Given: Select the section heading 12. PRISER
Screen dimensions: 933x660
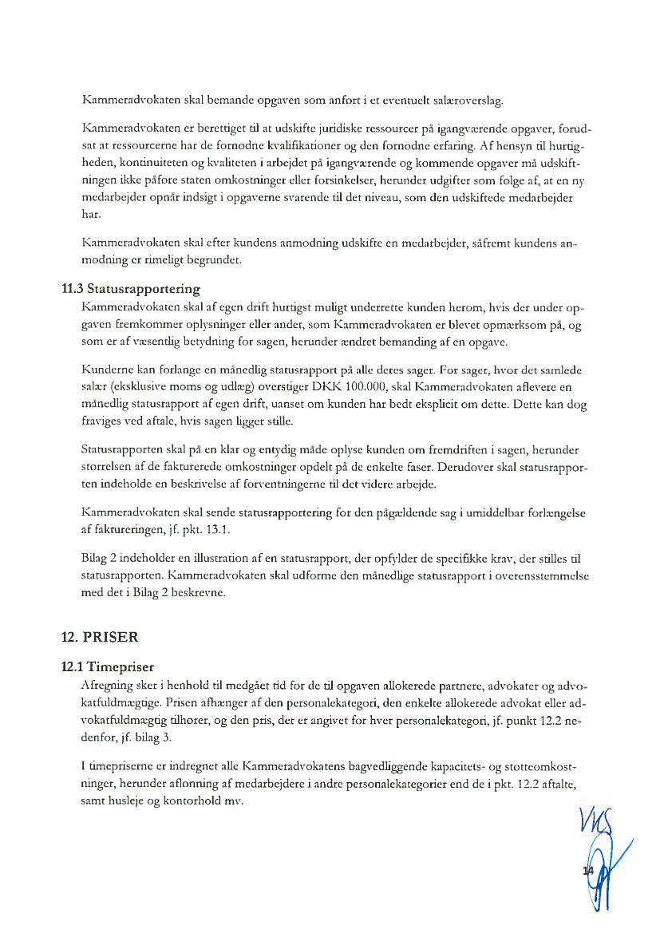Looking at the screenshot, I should (x=100, y=637).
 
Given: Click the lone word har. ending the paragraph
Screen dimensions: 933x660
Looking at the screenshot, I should (x=91, y=215).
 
